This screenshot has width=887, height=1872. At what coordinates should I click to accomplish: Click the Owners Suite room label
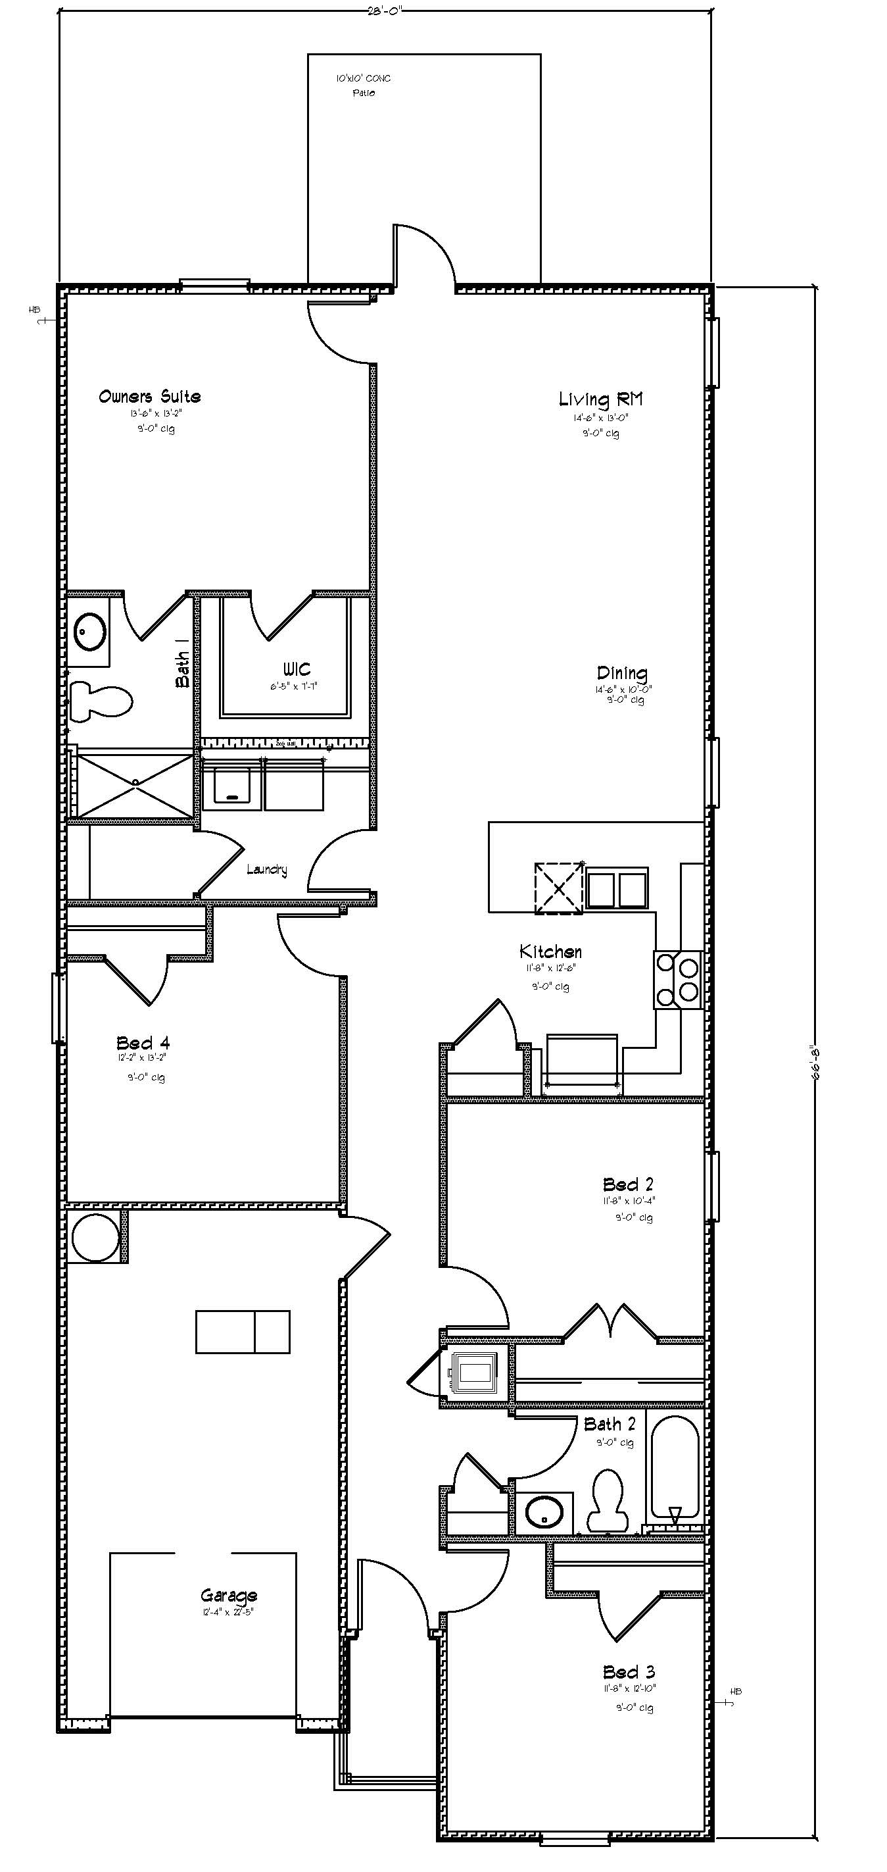click(x=150, y=397)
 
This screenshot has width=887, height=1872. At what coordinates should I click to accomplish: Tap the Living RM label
click(x=601, y=399)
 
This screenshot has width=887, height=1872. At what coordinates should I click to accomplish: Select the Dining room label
click(x=622, y=674)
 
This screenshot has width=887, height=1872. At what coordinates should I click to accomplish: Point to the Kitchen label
click(x=550, y=951)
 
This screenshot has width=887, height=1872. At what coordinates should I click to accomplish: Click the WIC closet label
click(x=297, y=669)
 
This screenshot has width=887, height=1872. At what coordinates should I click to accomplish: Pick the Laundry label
click(x=266, y=869)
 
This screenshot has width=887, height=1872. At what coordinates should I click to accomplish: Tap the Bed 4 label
click(x=143, y=1044)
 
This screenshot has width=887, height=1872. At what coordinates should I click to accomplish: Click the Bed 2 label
click(x=629, y=1184)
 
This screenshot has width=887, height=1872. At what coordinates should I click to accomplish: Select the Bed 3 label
click(x=629, y=1672)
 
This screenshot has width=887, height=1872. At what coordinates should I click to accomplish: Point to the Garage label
click(x=229, y=1595)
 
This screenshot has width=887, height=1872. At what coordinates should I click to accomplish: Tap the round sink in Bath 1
click(x=91, y=632)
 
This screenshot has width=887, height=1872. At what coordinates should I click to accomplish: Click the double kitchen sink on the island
click(x=617, y=888)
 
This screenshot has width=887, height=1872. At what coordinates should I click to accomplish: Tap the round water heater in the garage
click(x=95, y=1238)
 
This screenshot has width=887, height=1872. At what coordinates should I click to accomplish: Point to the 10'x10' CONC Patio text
click(x=363, y=85)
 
